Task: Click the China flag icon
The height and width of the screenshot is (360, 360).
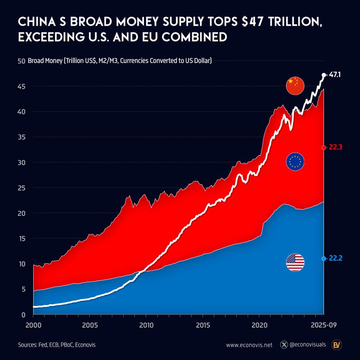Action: pos(295,86)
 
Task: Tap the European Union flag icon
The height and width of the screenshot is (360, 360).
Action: pos(295,162)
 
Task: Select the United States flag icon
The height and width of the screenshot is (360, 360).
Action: pos(295,262)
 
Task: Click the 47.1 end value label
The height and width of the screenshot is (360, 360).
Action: pos(334,75)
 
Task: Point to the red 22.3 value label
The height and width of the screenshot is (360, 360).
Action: pos(336,147)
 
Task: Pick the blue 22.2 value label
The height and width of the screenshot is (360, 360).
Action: pos(336,258)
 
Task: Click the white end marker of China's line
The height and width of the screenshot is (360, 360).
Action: pos(324,75)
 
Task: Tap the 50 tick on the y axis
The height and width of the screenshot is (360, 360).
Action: pos(21,61)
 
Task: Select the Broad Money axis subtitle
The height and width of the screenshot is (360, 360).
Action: pos(120,60)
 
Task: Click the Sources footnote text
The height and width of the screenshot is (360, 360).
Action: pos(57,345)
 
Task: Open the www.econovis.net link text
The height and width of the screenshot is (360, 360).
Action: pos(249,345)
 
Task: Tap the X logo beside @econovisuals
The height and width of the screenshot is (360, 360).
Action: pos(284,345)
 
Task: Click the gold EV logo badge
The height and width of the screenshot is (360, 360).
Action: pos(336,345)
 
